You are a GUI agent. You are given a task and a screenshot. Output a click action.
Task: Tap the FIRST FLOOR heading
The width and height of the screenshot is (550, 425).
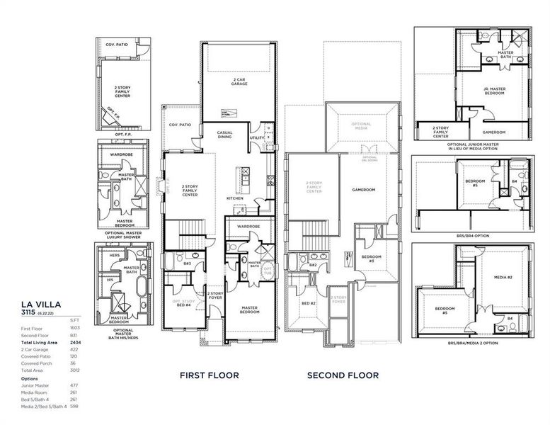(x=209, y=375)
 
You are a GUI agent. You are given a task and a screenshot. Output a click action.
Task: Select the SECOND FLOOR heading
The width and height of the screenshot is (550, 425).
(x=343, y=375)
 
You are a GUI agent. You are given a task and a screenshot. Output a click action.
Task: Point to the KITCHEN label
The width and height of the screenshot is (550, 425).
(x=235, y=198)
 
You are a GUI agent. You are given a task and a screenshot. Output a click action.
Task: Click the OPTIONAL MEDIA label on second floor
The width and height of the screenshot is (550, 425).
(x=361, y=127)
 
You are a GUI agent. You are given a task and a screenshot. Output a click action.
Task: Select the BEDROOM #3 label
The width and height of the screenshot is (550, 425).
(x=372, y=259)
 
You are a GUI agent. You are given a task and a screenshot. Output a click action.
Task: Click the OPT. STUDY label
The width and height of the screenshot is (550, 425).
(x=183, y=300)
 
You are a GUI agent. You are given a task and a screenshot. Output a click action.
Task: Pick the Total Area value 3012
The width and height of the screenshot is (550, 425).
(x=75, y=370)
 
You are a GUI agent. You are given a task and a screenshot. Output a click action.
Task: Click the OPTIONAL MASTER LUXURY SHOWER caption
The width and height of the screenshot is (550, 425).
(x=124, y=234)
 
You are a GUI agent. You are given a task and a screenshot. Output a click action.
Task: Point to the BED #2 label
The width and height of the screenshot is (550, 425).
(x=308, y=302)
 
